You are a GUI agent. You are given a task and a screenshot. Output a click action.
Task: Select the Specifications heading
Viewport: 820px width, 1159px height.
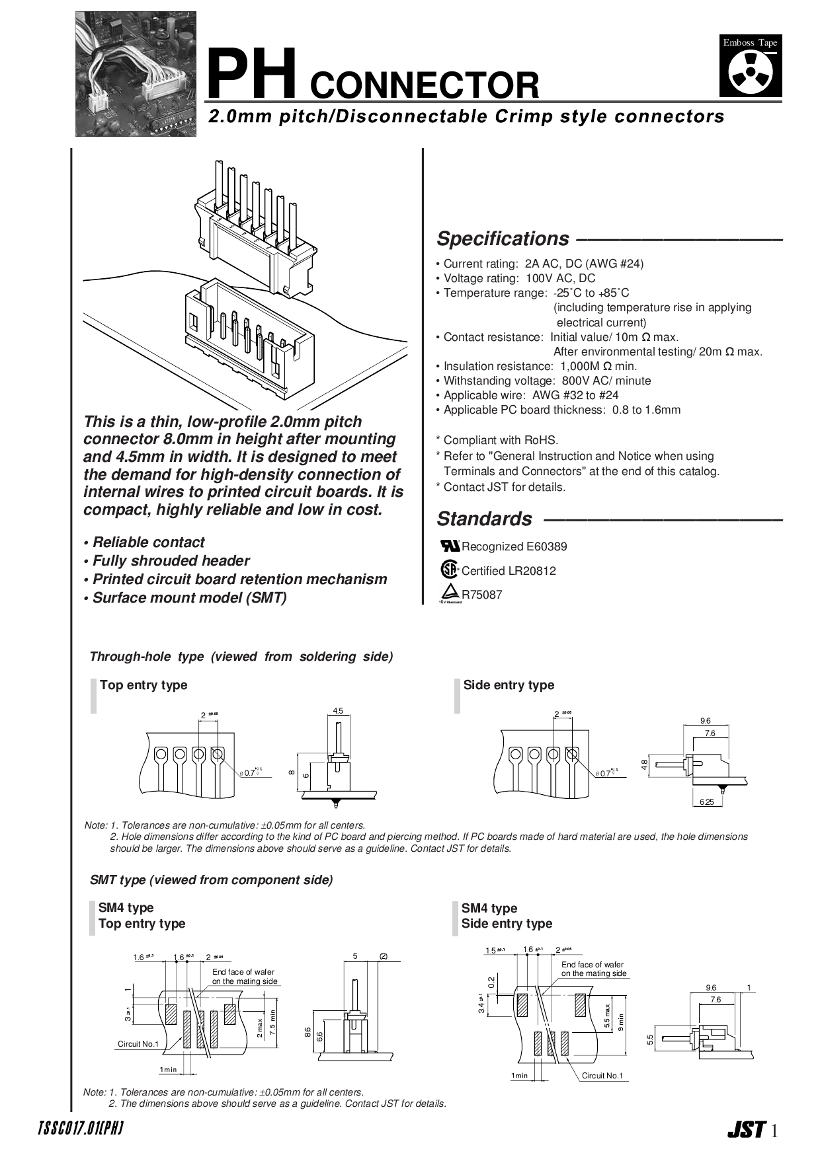pyautogui.click(x=503, y=239)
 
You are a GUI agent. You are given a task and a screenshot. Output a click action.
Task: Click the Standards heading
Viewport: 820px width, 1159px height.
pyautogui.click(x=484, y=519)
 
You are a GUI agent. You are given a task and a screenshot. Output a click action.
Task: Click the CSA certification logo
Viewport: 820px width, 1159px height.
pyautogui.click(x=449, y=570)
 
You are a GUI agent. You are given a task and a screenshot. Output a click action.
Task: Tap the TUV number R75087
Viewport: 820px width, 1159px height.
pyautogui.click(x=481, y=595)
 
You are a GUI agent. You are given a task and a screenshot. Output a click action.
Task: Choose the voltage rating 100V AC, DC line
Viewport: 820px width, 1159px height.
pyautogui.click(x=519, y=278)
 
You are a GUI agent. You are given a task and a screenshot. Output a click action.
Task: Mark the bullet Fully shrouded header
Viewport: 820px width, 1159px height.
pyautogui.click(x=171, y=561)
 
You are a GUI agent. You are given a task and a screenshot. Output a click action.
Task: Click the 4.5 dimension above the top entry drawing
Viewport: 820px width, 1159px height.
pyautogui.click(x=338, y=711)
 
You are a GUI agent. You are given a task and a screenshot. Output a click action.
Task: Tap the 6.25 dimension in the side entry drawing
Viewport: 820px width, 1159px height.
pyautogui.click(x=706, y=802)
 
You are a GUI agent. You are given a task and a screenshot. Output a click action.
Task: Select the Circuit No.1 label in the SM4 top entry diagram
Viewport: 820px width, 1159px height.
pyautogui.click(x=138, y=1044)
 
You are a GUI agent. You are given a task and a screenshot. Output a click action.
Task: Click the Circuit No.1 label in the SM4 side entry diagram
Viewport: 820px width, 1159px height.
pyautogui.click(x=602, y=1076)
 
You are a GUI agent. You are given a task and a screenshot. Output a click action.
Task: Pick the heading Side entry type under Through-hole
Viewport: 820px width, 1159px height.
pyautogui.click(x=509, y=685)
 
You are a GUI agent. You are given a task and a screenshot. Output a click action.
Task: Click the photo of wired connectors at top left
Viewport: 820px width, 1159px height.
pyautogui.click(x=136, y=74)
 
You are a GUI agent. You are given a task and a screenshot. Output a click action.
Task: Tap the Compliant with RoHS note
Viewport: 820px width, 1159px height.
pyautogui.click(x=501, y=440)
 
